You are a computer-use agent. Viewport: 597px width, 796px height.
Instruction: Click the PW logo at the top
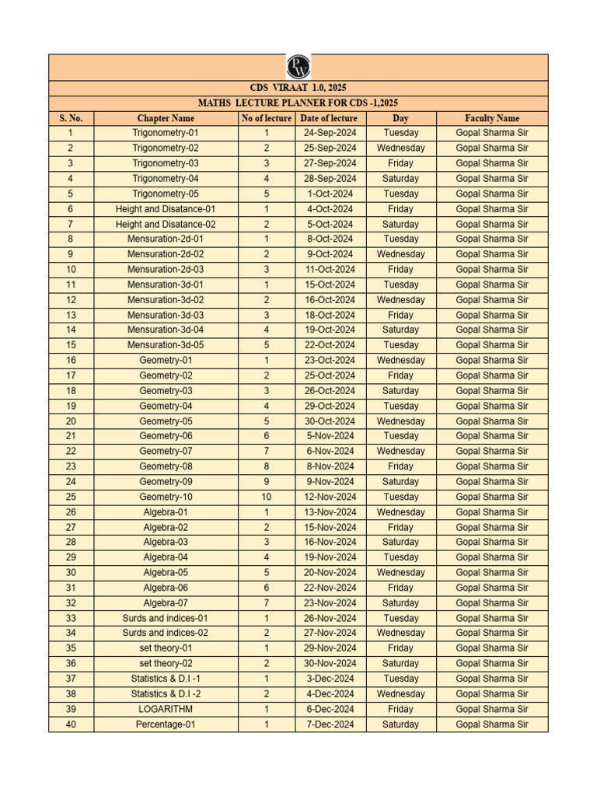[298, 67]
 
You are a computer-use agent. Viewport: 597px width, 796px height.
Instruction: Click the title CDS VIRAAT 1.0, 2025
[298, 89]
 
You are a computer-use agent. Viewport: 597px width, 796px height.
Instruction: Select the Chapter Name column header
[166, 118]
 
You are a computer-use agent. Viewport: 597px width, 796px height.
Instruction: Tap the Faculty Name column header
[491, 118]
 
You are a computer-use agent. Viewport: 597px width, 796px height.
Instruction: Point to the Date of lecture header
[330, 118]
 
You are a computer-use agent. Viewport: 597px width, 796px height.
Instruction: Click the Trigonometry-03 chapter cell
[166, 163]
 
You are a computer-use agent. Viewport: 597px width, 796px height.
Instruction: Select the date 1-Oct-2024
[330, 194]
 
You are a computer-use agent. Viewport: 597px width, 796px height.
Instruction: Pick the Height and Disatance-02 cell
[166, 224]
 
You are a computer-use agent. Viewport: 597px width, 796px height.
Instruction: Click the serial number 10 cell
[71, 269]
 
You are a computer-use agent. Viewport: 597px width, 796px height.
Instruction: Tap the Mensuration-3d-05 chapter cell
[166, 345]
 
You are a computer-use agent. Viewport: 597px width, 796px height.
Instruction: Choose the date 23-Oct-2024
[330, 360]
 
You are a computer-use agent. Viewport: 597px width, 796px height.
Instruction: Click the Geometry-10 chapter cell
[166, 497]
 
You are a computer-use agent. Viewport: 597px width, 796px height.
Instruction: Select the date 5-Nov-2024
[330, 436]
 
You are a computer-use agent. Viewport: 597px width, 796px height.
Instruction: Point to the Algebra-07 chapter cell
[166, 602]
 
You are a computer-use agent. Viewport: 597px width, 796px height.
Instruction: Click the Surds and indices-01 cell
[166, 618]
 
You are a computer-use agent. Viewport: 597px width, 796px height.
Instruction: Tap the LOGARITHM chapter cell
[166, 709]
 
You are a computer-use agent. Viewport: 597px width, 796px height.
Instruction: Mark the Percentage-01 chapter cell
[166, 724]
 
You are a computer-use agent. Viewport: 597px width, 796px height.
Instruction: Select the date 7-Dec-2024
[330, 724]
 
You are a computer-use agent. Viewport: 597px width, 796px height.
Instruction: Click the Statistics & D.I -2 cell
[166, 693]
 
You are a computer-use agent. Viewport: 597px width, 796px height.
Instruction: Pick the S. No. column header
[71, 118]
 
